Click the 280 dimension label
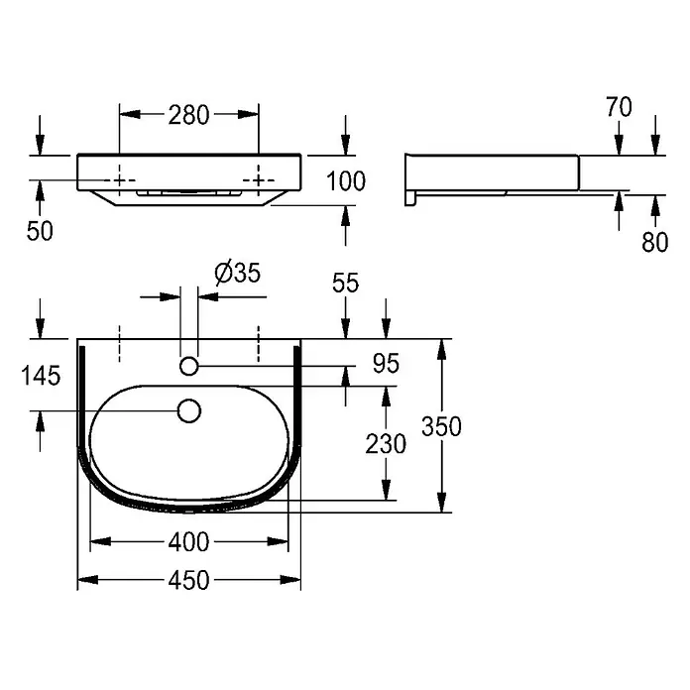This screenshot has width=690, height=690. pos(188,115)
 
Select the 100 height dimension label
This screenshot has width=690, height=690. pos(346,181)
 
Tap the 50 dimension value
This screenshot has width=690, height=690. pos(40,231)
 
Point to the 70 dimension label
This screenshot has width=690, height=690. pos(619,107)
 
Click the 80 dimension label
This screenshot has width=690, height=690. pos(654,242)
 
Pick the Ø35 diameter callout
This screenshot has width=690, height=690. pos(238,273)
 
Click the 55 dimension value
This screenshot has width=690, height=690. pos(345,283)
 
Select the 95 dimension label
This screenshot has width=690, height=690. pos(386,364)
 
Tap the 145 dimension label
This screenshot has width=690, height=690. pos(41,377)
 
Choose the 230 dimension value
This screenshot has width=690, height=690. pos(386,444)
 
